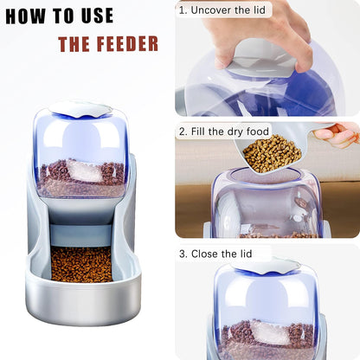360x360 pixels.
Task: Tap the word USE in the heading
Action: pyautogui.click(x=97, y=16)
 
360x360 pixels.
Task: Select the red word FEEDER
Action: pyautogui.click(x=127, y=44)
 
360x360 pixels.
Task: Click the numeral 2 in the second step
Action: pyautogui.click(x=183, y=132)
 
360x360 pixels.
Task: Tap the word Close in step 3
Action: pyautogui.click(x=205, y=254)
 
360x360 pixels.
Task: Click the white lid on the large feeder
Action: pyautogui.click(x=80, y=108)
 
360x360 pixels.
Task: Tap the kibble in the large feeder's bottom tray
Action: pyautogui.click(x=81, y=264)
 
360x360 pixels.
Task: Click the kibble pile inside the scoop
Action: pyautogui.click(x=272, y=153)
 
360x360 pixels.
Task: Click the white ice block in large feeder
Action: pyautogui.click(x=84, y=171)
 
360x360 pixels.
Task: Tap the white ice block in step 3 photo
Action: pyautogui.click(x=270, y=332)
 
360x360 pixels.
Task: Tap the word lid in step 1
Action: pyautogui.click(x=257, y=10)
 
